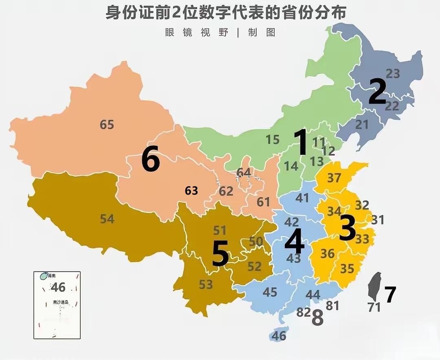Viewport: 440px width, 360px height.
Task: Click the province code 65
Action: pos(107,124)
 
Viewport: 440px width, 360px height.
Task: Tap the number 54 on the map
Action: pos(107,219)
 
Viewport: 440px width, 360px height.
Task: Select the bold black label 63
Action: pos(191,190)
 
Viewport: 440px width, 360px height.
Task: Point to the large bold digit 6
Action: pos(150,160)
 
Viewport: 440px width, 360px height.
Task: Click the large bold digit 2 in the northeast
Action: pos(377,92)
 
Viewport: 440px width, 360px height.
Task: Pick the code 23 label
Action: pos(393,74)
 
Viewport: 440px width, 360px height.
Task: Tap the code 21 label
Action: pos(362,125)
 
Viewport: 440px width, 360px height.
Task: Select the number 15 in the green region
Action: pos(273,140)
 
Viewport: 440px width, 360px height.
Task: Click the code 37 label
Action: pos(334,178)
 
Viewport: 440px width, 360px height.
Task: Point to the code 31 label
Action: pos(378,220)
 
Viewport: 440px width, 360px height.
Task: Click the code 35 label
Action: pos(347,269)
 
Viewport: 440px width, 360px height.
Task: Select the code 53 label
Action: pos(206,284)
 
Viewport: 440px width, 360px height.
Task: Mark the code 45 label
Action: pos(270,292)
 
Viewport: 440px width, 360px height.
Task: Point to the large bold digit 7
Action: pos(390,295)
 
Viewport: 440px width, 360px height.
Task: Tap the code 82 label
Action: pos(304,312)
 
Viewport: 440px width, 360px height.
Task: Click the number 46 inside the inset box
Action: pos(58,287)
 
